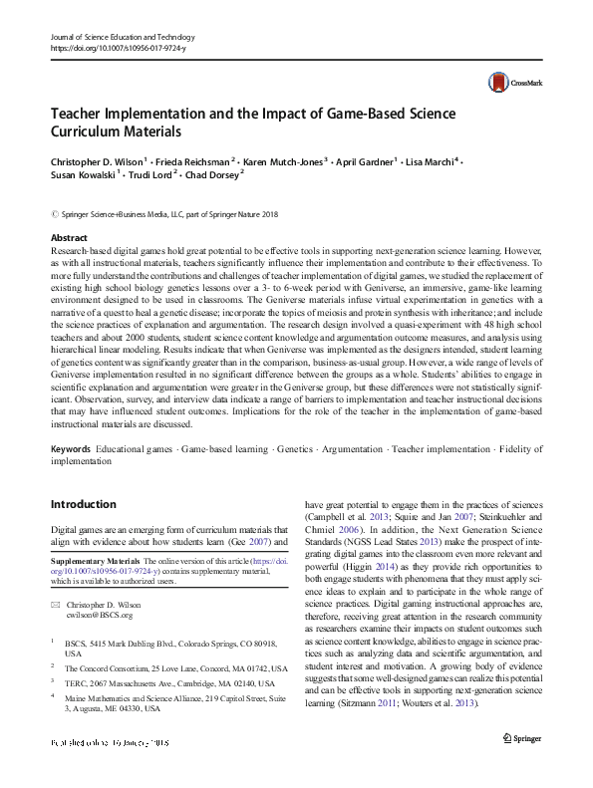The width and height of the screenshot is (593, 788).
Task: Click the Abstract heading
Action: pyautogui.click(x=70, y=239)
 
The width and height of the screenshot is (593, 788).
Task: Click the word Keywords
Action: pyautogui.click(x=73, y=450)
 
